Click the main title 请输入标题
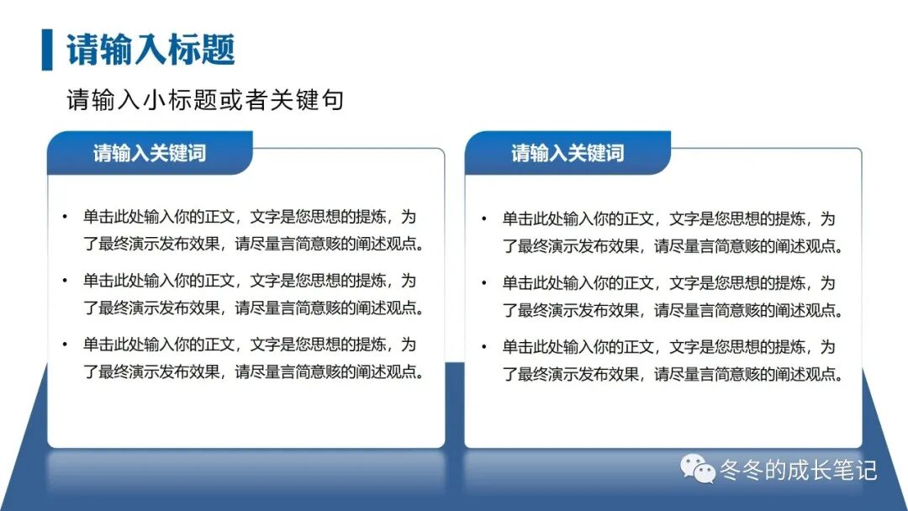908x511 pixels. point(150,50)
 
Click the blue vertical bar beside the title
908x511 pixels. point(46,50)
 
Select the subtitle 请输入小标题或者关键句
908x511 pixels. point(205,100)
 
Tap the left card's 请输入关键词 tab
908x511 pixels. point(150,153)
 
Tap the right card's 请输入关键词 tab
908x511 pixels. point(567,153)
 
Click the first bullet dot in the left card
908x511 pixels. point(64,217)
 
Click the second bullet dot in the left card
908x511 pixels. point(64,280)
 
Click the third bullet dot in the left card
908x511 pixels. point(64,344)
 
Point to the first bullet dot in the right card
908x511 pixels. point(483,219)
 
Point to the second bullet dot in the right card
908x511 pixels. point(483,282)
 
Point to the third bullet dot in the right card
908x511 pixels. point(483,346)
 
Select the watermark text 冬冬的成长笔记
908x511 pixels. point(798,470)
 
